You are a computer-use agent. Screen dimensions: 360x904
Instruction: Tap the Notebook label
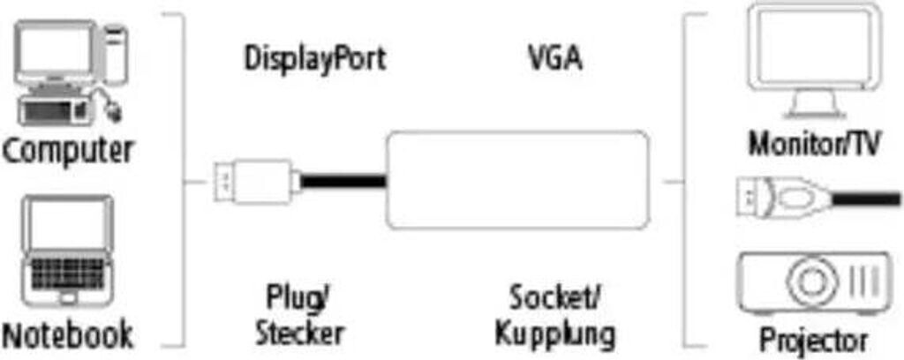tap(67, 334)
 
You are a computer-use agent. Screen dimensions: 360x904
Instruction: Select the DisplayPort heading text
tap(315, 60)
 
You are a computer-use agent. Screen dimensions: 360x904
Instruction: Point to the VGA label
tap(554, 60)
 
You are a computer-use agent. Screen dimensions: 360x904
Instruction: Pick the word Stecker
tap(298, 334)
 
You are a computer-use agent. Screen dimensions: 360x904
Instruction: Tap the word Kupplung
tap(555, 334)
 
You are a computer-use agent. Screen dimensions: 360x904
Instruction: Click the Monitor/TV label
tap(815, 144)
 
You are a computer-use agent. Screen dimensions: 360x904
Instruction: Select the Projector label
tap(814, 339)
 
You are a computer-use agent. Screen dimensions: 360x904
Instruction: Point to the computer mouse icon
tap(116, 109)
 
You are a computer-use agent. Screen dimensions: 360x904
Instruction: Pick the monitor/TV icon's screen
tap(814, 49)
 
